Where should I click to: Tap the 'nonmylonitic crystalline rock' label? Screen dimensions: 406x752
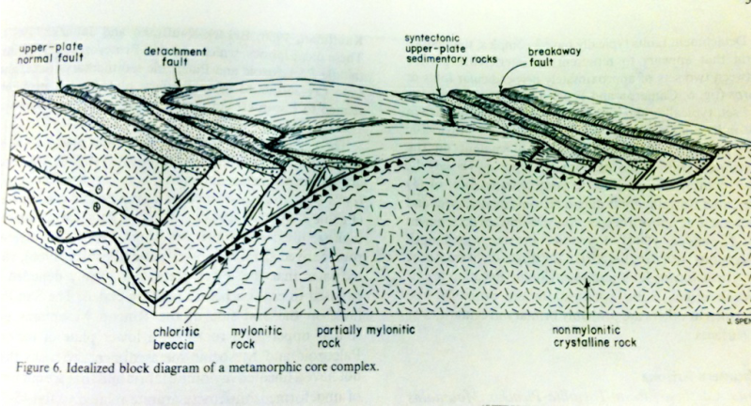pos(593,336)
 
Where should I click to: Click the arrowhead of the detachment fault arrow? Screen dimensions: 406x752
pos(179,90)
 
